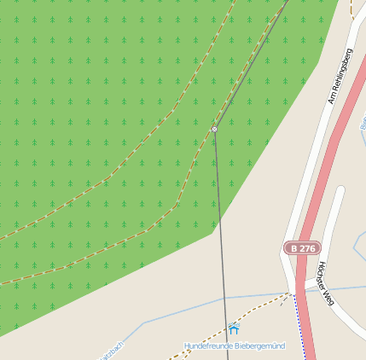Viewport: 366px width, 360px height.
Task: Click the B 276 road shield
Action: pos(302,247)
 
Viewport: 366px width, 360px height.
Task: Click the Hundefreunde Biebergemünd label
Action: pos(235,345)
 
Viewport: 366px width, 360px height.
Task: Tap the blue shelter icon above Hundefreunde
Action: pos(234,328)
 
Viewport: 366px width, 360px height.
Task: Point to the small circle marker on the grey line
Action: pos(214,129)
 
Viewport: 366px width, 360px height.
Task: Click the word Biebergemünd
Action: pos(259,345)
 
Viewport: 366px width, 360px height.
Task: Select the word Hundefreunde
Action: pos(208,345)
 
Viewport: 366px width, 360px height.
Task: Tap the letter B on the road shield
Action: pos(293,247)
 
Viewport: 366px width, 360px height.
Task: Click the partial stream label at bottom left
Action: pos(112,351)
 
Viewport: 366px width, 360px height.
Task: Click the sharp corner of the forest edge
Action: pos(212,232)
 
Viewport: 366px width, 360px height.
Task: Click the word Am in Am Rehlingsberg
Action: pos(333,98)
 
